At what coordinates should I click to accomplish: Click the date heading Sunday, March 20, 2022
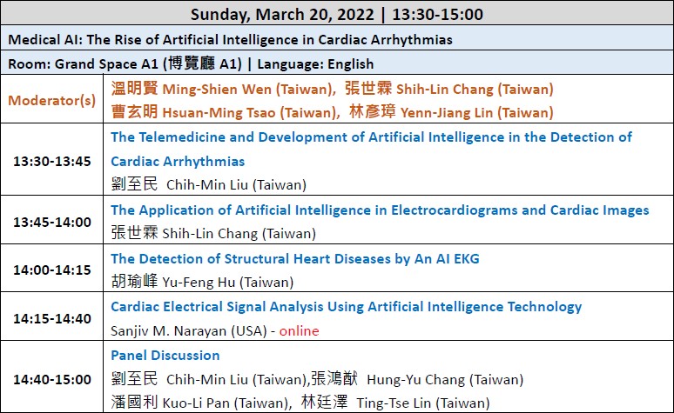click(282, 15)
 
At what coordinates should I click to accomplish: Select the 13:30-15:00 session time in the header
click(438, 15)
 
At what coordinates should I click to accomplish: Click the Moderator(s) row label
click(52, 101)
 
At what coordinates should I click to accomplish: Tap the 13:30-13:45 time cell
click(52, 162)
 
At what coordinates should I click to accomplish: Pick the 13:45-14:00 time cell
click(52, 223)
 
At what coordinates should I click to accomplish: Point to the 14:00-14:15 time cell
click(52, 270)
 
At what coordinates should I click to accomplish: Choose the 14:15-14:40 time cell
click(52, 319)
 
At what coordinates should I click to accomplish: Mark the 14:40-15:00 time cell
click(52, 379)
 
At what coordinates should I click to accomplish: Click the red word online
click(300, 331)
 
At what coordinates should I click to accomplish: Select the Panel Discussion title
click(165, 356)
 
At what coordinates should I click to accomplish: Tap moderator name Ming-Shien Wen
click(217, 90)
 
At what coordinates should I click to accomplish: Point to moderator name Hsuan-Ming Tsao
click(219, 113)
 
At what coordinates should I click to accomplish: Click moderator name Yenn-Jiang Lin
click(447, 113)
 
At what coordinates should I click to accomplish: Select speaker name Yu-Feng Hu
click(199, 283)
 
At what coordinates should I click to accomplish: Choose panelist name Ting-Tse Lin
click(394, 403)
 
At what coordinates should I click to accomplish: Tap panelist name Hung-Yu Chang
click(416, 380)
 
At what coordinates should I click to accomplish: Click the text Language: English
click(315, 64)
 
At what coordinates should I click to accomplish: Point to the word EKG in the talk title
click(467, 259)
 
